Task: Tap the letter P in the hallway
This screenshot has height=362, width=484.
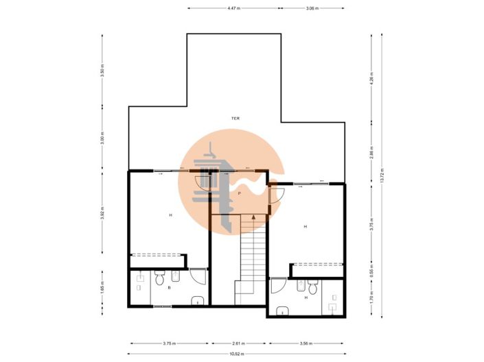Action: tap(239, 194)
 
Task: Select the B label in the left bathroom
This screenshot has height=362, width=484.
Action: tap(169, 288)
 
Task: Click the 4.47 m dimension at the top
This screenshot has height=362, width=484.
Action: tap(233, 8)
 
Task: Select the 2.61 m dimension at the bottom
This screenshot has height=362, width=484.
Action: tap(238, 343)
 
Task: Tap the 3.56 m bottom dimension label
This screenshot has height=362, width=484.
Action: tap(306, 343)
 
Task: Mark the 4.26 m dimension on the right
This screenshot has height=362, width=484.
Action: tap(371, 77)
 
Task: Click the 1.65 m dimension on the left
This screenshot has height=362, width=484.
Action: tap(102, 288)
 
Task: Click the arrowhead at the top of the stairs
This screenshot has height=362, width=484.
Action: tap(253, 216)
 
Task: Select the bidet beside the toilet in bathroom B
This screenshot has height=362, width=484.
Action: tap(174, 276)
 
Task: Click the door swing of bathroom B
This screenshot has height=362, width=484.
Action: tap(198, 278)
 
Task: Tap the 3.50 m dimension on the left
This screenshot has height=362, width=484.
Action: tap(102, 72)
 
